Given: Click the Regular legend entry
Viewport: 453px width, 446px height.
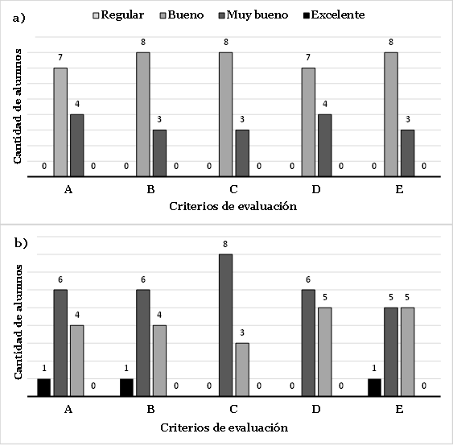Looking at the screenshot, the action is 118,14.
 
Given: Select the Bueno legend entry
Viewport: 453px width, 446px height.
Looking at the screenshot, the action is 182,14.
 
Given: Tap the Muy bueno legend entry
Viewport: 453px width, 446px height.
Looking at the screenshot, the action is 253,14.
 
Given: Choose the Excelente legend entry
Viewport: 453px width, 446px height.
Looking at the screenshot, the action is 334,14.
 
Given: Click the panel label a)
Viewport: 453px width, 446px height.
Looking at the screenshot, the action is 19,19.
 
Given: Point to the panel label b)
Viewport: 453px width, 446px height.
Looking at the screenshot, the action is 21,243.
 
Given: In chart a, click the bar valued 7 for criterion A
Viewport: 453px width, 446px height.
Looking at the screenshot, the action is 60,122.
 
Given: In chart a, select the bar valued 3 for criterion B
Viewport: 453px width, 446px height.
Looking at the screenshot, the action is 159,153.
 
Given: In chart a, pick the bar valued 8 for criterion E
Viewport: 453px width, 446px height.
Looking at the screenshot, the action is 391,114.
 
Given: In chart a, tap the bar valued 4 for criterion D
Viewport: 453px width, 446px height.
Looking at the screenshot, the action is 325,146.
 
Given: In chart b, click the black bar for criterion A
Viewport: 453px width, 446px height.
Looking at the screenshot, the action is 44,387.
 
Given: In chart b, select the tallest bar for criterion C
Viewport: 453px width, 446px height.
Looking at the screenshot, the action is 225,325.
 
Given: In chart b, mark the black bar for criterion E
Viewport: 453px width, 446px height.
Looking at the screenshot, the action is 374,387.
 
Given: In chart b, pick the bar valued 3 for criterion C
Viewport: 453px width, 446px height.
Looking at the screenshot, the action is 242,370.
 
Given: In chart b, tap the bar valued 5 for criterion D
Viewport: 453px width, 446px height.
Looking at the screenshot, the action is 325,352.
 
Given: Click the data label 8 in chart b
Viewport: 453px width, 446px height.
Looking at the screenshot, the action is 225,244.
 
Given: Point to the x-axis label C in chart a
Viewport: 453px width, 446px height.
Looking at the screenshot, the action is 233,189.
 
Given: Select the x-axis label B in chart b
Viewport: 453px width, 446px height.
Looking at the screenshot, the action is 150,409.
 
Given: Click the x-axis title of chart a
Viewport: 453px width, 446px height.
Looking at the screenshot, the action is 233,206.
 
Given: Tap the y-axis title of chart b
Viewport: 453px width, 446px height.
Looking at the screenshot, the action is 18,322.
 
